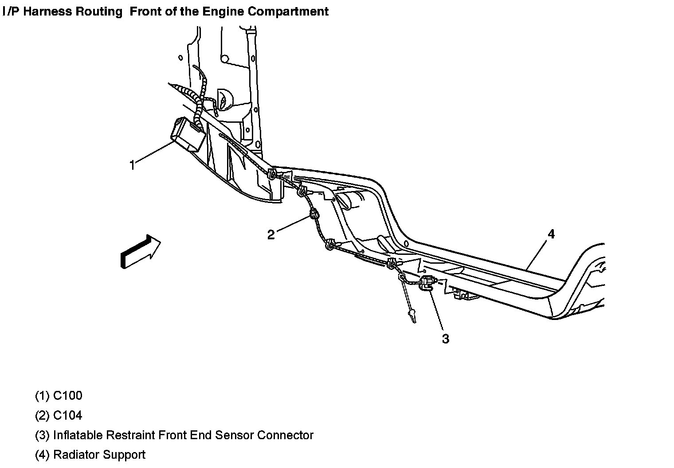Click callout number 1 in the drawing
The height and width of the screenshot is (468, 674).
(x=132, y=165)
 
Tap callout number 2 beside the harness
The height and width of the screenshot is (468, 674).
(x=271, y=234)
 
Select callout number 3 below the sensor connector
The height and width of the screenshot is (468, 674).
(x=445, y=339)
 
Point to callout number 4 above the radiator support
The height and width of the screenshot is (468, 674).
(x=551, y=234)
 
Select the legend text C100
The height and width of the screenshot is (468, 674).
(x=67, y=396)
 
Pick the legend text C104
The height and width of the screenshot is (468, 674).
(x=67, y=416)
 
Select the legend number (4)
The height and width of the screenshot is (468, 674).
(x=42, y=455)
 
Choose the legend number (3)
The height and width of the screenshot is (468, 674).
(x=42, y=435)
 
